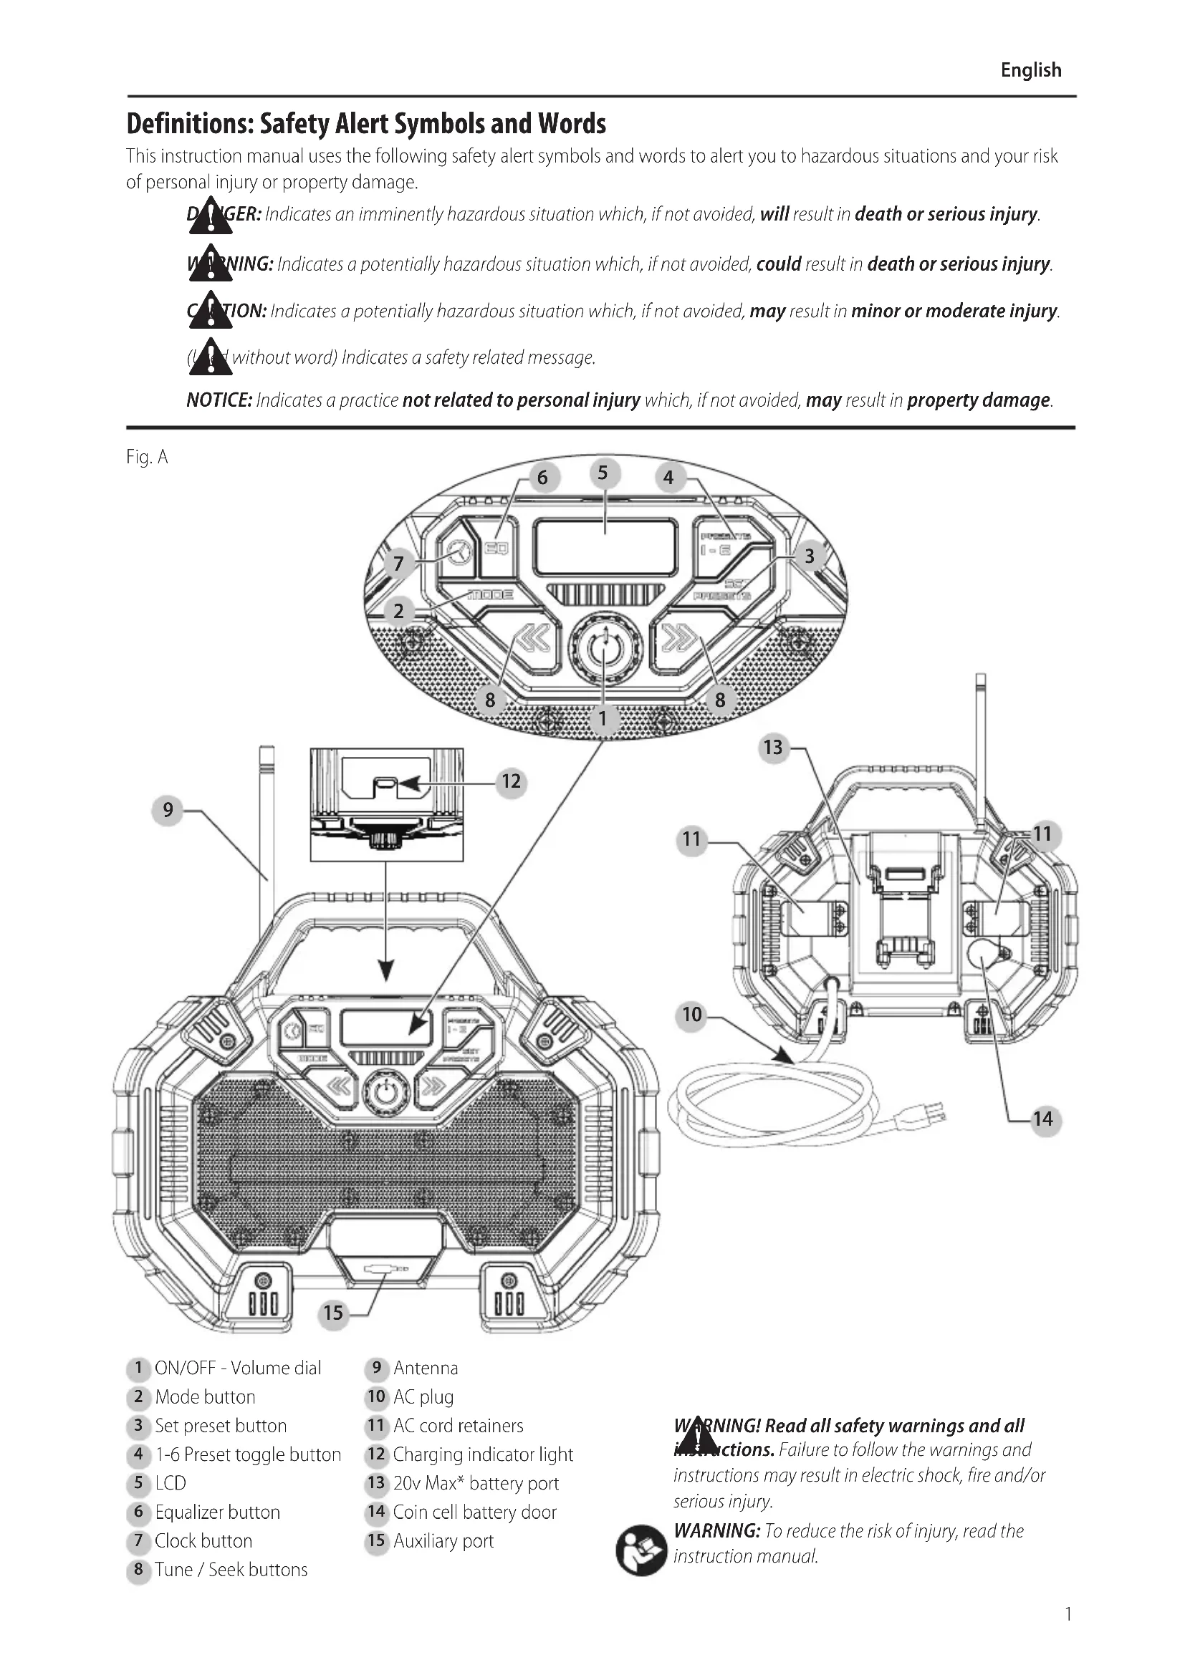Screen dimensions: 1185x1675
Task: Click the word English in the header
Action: [1030, 70]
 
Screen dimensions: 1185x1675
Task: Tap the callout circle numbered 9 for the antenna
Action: [168, 810]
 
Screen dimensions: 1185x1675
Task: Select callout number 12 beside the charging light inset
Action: [511, 782]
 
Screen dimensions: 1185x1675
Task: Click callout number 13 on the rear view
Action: [773, 747]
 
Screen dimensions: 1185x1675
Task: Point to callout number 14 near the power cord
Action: [1042, 1119]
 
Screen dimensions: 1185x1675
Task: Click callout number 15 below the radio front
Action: [332, 1313]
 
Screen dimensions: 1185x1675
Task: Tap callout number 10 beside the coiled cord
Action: [692, 1014]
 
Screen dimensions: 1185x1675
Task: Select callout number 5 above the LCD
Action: [603, 473]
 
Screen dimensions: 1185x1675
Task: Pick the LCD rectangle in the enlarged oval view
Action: [605, 547]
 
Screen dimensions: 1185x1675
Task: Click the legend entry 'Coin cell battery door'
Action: [474, 1512]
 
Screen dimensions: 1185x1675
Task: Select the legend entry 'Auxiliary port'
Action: [443, 1541]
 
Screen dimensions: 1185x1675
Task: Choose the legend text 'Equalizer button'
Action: [216, 1512]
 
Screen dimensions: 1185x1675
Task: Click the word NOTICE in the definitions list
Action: [219, 400]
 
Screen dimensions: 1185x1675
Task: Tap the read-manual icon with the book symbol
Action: [641, 1550]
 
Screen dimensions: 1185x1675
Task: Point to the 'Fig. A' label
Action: [147, 458]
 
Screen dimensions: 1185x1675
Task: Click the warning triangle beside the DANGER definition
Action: [210, 216]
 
